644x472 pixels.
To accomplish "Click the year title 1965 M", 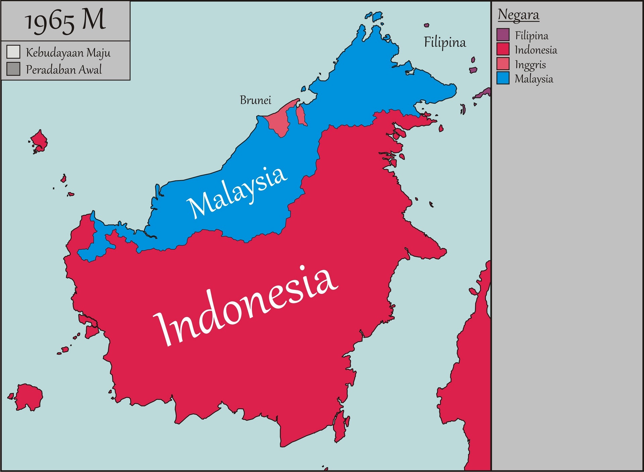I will (x=65, y=21).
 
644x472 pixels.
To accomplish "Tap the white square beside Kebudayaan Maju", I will (x=13, y=52).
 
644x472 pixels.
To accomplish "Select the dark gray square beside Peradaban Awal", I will (x=13, y=69).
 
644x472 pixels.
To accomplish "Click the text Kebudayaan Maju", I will (x=68, y=53).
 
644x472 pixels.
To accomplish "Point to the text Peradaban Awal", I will (x=64, y=69).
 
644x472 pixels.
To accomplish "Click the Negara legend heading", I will (x=519, y=15).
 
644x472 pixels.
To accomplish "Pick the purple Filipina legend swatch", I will (x=503, y=35).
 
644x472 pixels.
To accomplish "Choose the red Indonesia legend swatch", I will (x=503, y=49).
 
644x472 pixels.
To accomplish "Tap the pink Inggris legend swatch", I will (x=503, y=64).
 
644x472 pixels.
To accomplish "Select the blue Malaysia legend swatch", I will (x=503, y=78).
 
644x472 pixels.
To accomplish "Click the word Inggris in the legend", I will (x=530, y=64).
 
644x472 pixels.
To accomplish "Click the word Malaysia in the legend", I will (x=534, y=79).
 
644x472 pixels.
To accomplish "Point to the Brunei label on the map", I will (x=255, y=100).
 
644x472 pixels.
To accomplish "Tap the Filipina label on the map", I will (x=445, y=42).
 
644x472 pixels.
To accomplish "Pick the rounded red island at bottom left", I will (x=29, y=397).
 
